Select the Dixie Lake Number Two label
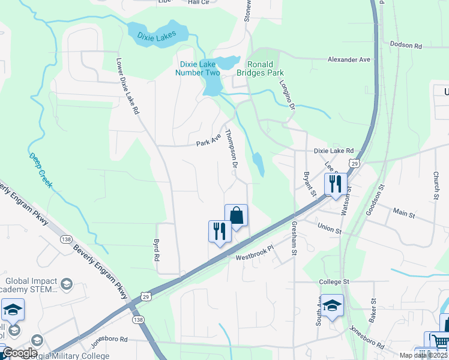click(x=197, y=68)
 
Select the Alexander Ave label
click(x=349, y=59)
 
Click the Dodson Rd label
click(x=406, y=45)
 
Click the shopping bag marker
click(x=237, y=215)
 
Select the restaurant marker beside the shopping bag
click(x=220, y=231)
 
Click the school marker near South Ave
click(x=332, y=305)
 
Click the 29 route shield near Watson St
click(x=354, y=163)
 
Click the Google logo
click(x=20, y=353)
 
